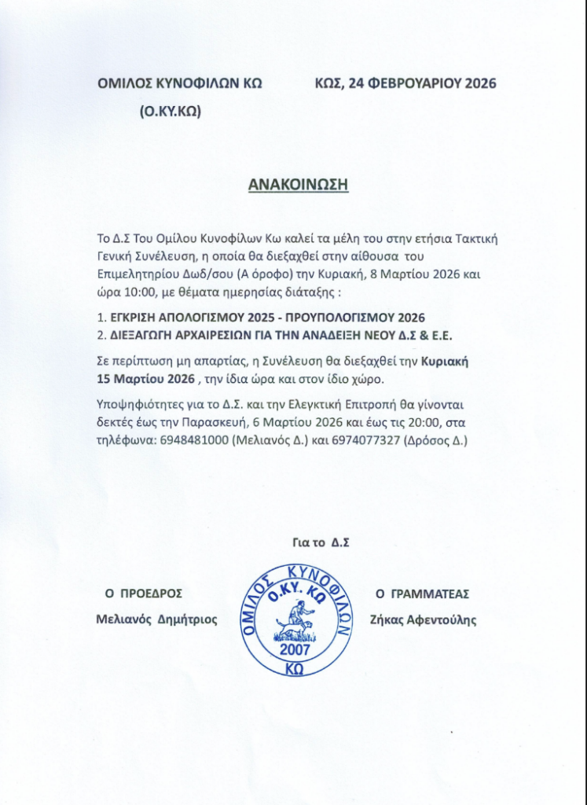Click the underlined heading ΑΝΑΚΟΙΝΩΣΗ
tap(298, 184)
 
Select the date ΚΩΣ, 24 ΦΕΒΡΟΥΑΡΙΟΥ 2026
tap(405, 83)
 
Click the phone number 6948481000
tap(196, 441)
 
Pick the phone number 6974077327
tap(361, 441)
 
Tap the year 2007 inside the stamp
tap(295, 649)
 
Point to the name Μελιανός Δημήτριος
tap(156, 619)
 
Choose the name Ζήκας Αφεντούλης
tap(422, 619)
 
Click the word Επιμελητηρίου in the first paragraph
tap(134, 276)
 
